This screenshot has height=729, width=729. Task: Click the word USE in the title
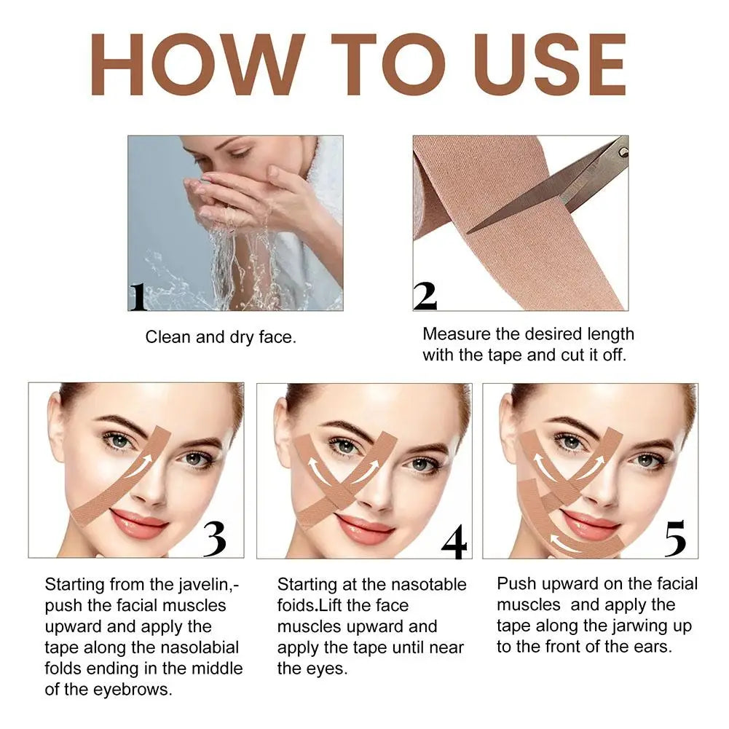[551, 65]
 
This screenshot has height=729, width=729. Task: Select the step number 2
[425, 296]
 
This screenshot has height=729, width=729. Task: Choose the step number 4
[454, 541]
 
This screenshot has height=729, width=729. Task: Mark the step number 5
[675, 538]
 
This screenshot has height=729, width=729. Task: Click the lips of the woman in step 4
[364, 527]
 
